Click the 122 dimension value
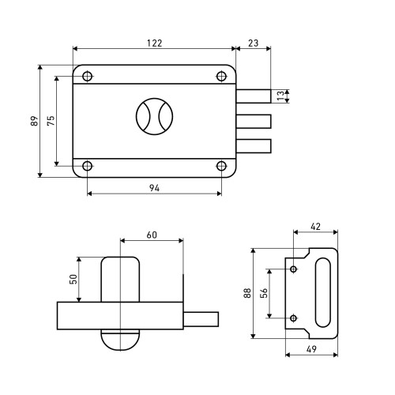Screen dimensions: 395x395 (x=155, y=43)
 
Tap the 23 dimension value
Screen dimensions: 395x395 (x=254, y=43)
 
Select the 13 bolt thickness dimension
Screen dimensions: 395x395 (x=280, y=96)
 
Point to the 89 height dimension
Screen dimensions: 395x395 (x=35, y=121)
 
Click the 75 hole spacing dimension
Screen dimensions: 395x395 (x=51, y=121)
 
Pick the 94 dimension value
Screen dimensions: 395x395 (x=154, y=188)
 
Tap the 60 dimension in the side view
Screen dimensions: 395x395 (x=152, y=235)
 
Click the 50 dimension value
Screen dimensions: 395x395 (x=73, y=279)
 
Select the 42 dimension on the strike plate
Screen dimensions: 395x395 (x=315, y=227)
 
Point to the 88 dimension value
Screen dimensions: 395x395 (x=247, y=293)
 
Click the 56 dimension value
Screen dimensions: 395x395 (x=264, y=293)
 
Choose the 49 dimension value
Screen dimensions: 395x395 (x=311, y=349)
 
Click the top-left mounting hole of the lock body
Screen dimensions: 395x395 (x=87, y=77)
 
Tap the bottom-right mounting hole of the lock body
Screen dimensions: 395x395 (x=221, y=166)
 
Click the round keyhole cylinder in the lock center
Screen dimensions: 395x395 (x=155, y=117)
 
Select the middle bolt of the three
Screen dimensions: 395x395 (x=254, y=122)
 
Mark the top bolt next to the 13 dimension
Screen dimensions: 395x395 (x=254, y=96)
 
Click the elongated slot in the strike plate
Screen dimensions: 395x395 (x=323, y=292)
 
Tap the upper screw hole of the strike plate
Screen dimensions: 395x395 (x=294, y=269)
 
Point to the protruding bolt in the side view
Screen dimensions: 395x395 (x=201, y=319)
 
